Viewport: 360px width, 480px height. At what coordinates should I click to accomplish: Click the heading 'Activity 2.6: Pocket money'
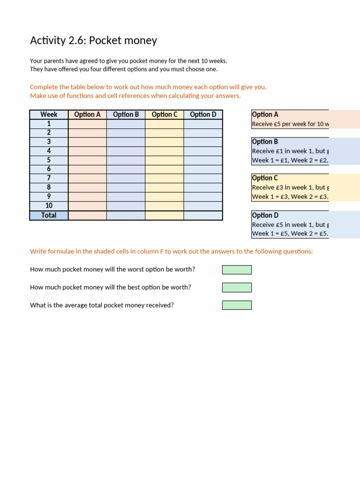pos(93,41)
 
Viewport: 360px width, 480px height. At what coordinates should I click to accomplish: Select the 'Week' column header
pos(49,114)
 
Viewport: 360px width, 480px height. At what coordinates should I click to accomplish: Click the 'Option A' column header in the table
pos(87,114)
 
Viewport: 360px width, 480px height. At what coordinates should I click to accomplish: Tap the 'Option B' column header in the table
pos(126,114)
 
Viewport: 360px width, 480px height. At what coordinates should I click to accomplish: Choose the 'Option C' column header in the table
pos(164,114)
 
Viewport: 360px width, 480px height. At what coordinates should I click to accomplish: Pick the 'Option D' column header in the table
pos(203,114)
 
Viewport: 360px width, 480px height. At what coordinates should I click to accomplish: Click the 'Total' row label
pos(49,215)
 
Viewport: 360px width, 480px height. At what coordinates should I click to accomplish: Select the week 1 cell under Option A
pos(87,124)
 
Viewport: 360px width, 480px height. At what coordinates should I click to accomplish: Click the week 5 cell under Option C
pos(164,160)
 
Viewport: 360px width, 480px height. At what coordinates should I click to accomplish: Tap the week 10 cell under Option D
pos(203,206)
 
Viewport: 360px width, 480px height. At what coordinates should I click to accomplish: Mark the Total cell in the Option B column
pos(126,215)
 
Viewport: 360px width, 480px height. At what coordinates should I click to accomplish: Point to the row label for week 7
pos(49,179)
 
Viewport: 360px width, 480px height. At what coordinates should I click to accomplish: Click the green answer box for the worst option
pos(237,270)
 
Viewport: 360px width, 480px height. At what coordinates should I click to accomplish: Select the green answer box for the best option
pos(237,287)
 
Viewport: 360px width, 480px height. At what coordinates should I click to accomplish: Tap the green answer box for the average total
pos(237,305)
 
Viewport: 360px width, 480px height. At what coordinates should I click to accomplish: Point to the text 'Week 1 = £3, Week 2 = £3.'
pos(290,196)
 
